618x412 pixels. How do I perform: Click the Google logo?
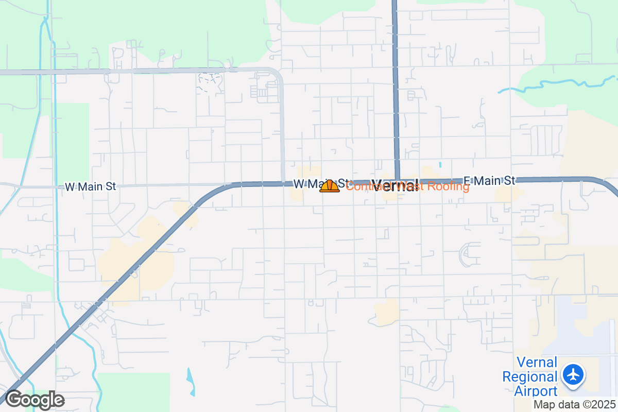(35, 400)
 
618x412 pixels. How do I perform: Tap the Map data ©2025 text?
(574, 405)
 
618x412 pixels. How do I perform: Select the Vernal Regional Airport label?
(530, 376)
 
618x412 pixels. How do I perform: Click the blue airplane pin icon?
(573, 374)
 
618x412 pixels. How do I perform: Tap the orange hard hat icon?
(330, 186)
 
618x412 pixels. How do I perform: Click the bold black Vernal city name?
(394, 186)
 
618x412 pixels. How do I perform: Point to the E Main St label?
(489, 181)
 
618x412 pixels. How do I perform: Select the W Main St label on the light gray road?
(90, 187)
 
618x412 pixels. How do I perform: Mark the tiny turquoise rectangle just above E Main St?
(440, 165)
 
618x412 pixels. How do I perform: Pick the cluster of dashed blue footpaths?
(209, 81)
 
